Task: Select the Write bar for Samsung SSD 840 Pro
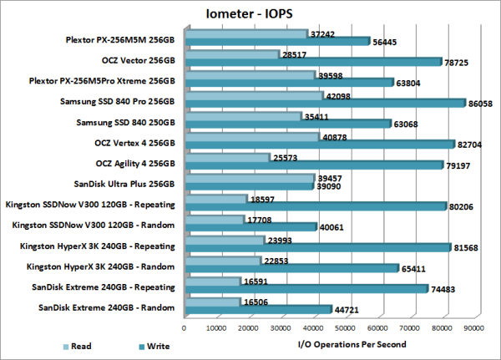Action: point(326,103)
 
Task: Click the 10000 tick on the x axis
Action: point(218,329)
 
